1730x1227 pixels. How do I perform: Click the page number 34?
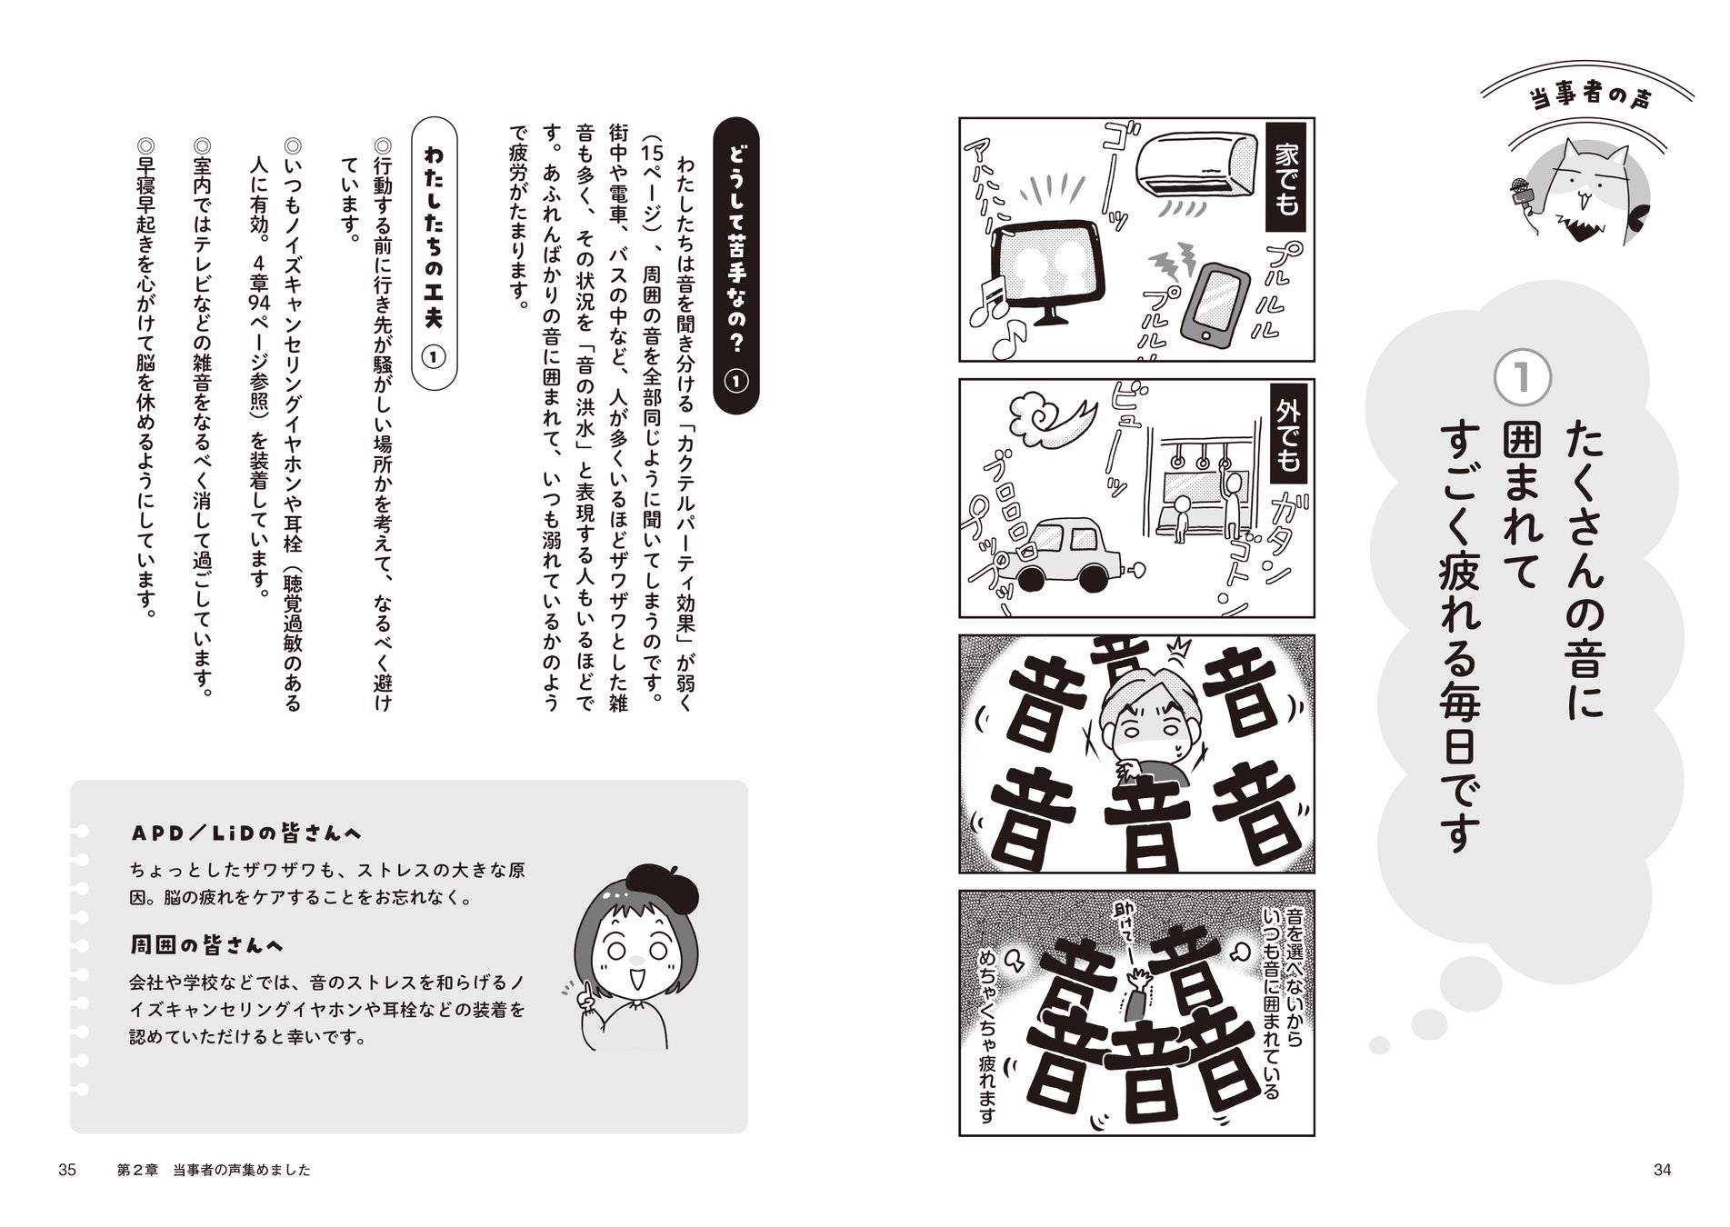(1662, 1170)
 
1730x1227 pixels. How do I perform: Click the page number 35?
(66, 1170)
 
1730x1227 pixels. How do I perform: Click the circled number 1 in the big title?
(1522, 380)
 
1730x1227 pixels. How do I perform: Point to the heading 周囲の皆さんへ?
(206, 945)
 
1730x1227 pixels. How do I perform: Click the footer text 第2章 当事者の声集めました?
(214, 1171)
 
